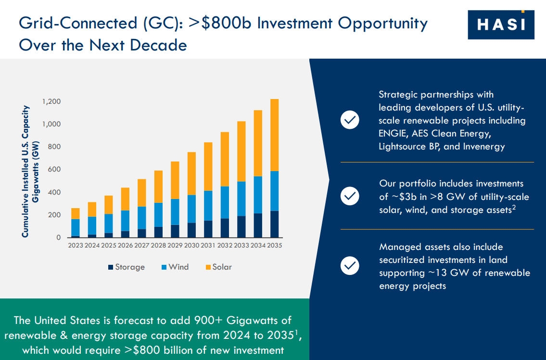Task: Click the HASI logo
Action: (x=501, y=25)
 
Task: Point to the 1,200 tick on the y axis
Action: (x=51, y=102)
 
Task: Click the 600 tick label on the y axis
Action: (x=54, y=170)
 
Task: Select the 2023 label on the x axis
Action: (x=76, y=246)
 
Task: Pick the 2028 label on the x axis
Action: (x=158, y=246)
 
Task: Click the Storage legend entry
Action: (x=126, y=267)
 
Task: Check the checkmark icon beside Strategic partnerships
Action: (x=350, y=120)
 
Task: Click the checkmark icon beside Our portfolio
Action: (x=350, y=196)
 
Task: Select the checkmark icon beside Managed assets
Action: (x=350, y=266)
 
